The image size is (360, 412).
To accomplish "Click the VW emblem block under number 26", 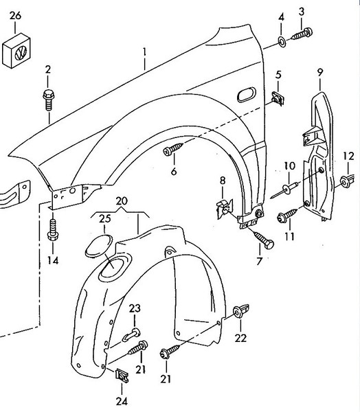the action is [16, 51].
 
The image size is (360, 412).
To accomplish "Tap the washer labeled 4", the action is [282, 42].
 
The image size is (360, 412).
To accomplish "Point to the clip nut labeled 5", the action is [278, 98].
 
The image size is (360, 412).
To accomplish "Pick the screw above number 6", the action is [173, 148].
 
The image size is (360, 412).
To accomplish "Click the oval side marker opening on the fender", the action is [247, 95].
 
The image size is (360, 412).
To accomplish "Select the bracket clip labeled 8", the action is [224, 208].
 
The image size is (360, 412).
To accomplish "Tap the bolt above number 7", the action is [264, 239].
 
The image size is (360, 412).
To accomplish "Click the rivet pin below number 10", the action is [285, 190].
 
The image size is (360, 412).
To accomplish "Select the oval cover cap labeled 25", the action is [99, 247].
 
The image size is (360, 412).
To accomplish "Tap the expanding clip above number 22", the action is [241, 311].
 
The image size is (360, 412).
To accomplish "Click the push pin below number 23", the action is [131, 335].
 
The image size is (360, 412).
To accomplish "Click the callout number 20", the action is [121, 201].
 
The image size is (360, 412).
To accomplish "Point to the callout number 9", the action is [319, 72].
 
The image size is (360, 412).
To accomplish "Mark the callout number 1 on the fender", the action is [144, 52].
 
